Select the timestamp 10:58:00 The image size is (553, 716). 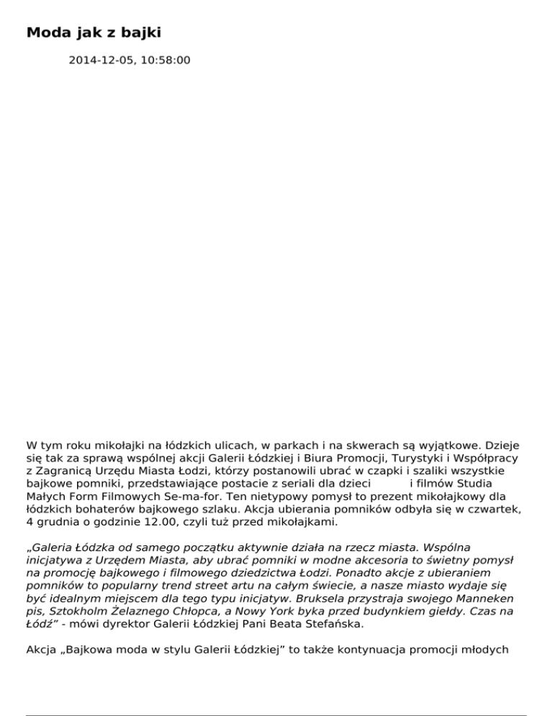click(166, 61)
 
